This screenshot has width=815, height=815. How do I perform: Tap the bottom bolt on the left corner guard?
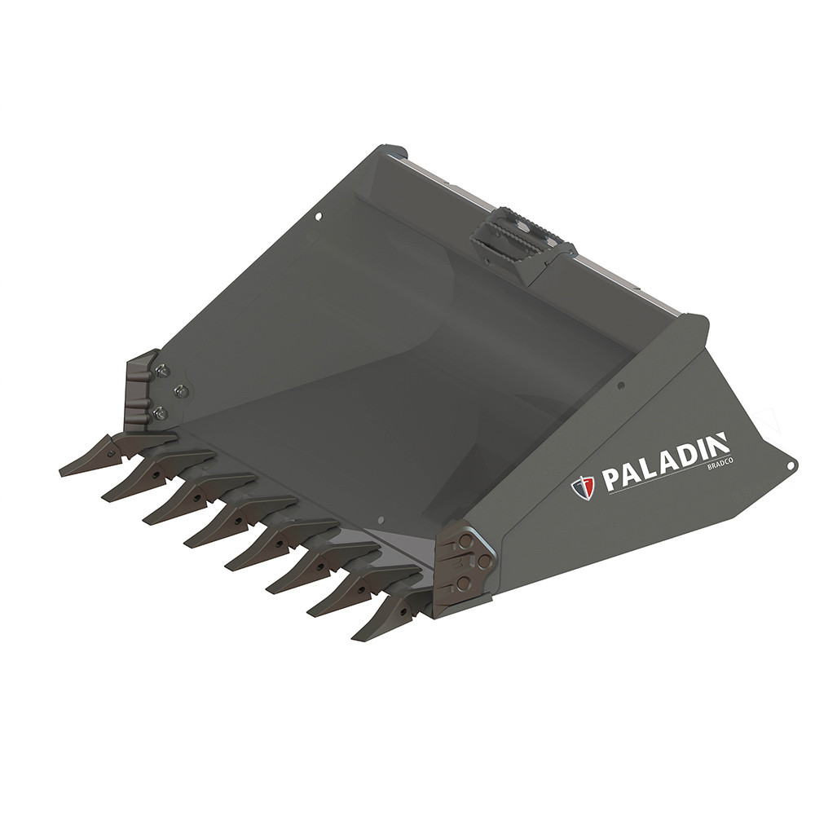coord(161,414)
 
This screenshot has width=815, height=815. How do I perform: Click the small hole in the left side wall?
coord(317,218)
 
